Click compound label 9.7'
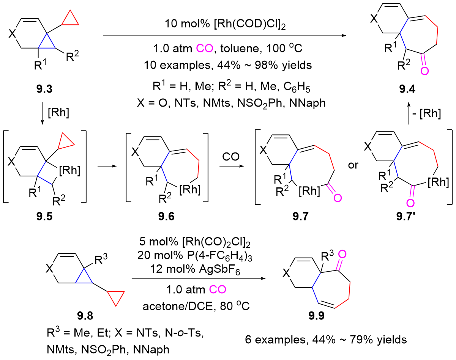click(407, 219)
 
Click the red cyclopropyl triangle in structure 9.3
click(71, 19)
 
